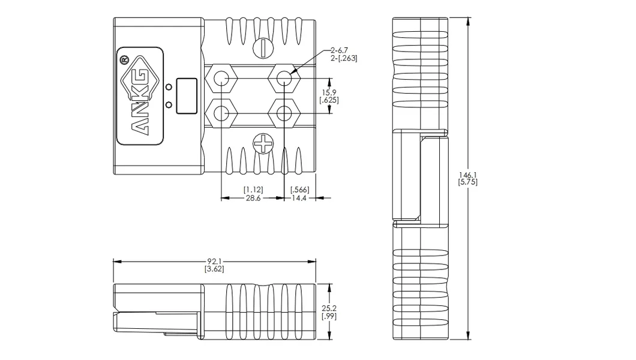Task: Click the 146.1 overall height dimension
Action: click(467, 175)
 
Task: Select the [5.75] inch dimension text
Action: click(467, 182)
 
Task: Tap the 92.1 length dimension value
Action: click(214, 262)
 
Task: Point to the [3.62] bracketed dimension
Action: click(214, 269)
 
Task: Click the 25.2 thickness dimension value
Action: click(329, 309)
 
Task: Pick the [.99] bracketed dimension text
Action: click(329, 316)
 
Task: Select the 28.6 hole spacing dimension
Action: click(253, 198)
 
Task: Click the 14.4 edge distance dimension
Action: click(299, 198)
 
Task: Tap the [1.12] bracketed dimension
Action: click(253, 190)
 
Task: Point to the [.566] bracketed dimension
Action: click(300, 190)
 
